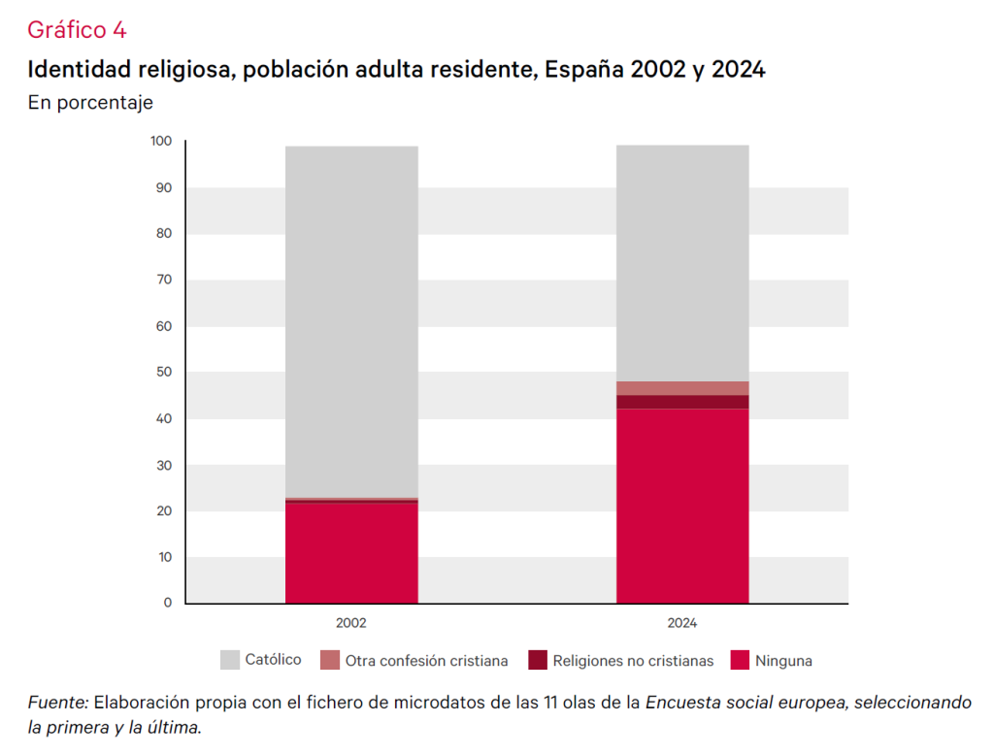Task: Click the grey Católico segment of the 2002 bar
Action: [351, 320]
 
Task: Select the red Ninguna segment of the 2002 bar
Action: [351, 552]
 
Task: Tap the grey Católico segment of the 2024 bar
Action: [682, 263]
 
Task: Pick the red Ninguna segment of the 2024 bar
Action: [682, 506]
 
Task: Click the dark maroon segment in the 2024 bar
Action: [682, 402]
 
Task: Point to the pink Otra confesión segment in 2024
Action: [682, 388]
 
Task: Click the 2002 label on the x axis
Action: [351, 623]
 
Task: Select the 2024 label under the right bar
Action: [682, 623]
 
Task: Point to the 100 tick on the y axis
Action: [161, 142]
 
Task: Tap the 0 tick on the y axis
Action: [167, 603]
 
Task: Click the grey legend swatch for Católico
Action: [230, 660]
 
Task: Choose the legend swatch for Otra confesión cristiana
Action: [330, 660]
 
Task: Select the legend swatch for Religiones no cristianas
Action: [539, 660]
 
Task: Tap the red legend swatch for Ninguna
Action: [741, 660]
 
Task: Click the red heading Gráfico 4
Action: [77, 30]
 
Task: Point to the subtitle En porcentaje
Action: [90, 102]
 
